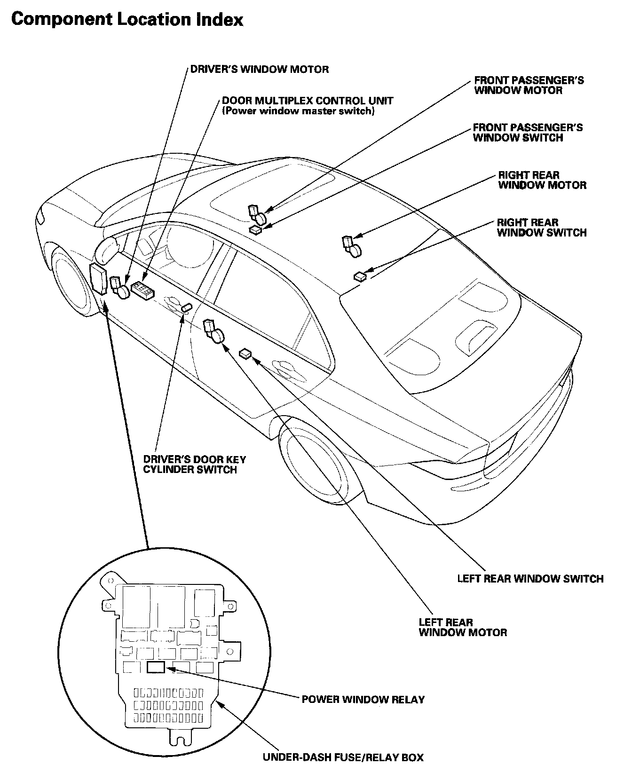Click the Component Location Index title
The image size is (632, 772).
point(127,20)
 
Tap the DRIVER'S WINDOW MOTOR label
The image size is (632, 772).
point(259,70)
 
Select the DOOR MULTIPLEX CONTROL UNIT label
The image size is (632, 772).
point(308,101)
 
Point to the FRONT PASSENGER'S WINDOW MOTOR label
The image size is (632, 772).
point(529,85)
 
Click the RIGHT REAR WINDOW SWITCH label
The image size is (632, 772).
point(541,228)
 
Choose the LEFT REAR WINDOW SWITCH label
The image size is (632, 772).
point(530,578)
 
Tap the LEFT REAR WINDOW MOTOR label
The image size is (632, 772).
point(463,627)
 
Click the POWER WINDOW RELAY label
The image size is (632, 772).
point(363,699)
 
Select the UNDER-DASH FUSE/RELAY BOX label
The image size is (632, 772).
point(343,757)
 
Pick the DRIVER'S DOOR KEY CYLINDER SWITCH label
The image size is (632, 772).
point(194,465)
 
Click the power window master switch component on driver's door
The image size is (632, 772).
point(142,291)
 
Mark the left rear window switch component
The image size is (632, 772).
point(246,353)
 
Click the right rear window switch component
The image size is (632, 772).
point(360,276)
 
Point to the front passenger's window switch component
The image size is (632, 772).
point(256,229)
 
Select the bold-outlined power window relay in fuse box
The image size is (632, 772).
point(156,667)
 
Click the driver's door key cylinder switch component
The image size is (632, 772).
point(186,307)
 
